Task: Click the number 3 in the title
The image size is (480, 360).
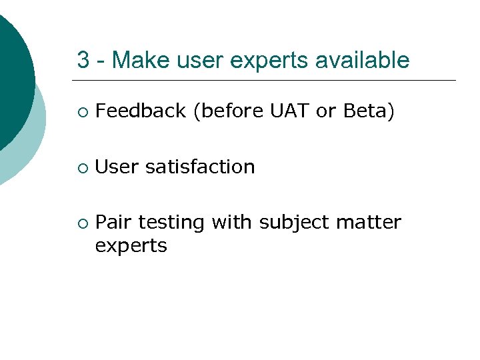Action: pyautogui.click(x=83, y=61)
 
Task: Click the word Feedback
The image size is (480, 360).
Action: pyautogui.click(x=140, y=111)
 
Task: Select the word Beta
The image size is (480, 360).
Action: pyautogui.click(x=365, y=111)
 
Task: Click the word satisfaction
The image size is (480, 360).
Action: pyautogui.click(x=200, y=167)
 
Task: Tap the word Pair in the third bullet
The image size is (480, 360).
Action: pyautogui.click(x=114, y=222)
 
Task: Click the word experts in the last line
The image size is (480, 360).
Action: pyautogui.click(x=131, y=247)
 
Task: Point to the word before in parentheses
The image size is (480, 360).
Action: pyautogui.click(x=229, y=111)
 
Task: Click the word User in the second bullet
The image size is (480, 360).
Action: pyautogui.click(x=117, y=167)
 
